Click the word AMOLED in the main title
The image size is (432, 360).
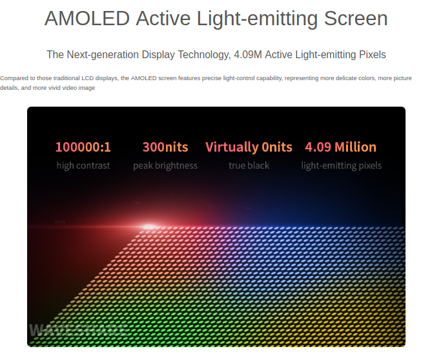coord(87,19)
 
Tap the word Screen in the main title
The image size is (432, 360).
coord(356,19)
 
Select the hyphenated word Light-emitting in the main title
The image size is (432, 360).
coord(257,19)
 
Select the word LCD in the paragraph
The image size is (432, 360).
coord(87,78)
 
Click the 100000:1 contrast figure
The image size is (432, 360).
coord(83,147)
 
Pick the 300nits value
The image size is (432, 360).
coord(165,147)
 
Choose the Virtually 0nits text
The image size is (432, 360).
coord(249,147)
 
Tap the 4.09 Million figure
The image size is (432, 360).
coord(341,147)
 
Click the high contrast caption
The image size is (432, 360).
coord(83,165)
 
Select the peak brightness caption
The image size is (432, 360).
coord(165,165)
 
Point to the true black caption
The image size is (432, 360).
coord(249,165)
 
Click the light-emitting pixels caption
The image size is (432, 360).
coord(342,165)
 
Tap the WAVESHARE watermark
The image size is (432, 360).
coord(78,330)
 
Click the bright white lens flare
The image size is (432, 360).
coord(149,227)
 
